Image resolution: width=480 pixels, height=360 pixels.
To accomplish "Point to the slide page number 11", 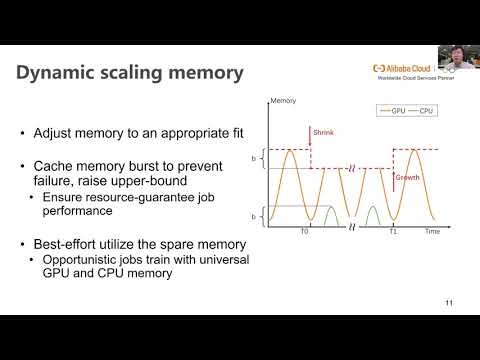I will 448,303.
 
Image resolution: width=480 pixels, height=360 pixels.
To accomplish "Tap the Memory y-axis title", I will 283,101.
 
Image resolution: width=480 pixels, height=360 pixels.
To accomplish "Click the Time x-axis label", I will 431,230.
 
